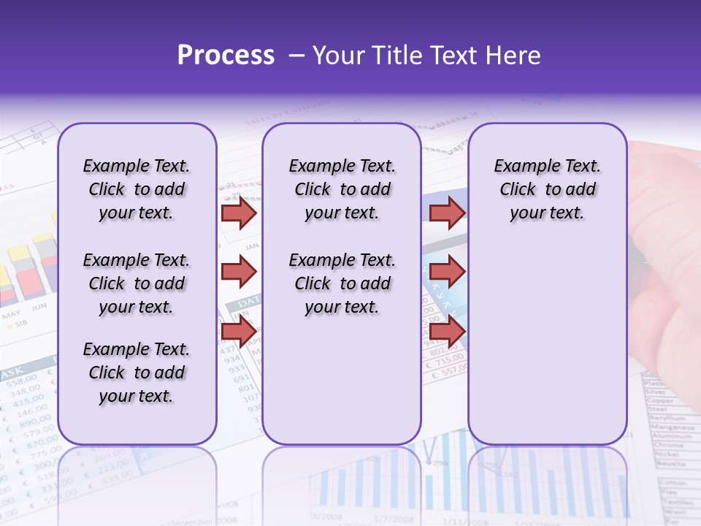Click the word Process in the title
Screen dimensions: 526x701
(x=226, y=56)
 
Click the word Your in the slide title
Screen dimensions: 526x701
(x=339, y=56)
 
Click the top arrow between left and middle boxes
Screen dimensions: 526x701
(x=239, y=213)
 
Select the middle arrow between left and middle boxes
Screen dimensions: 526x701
(x=239, y=272)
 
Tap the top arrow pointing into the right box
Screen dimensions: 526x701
(x=447, y=213)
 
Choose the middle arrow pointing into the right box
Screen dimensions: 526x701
(x=447, y=272)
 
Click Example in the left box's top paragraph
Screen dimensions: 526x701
(x=110, y=166)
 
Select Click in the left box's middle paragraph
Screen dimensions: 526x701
(x=107, y=283)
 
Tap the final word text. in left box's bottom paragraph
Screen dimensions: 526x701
(x=156, y=396)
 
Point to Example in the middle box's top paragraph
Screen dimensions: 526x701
(x=316, y=166)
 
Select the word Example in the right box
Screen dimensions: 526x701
(x=521, y=166)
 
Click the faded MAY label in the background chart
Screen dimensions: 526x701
(x=11, y=315)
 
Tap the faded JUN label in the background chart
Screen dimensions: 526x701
(x=38, y=306)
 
